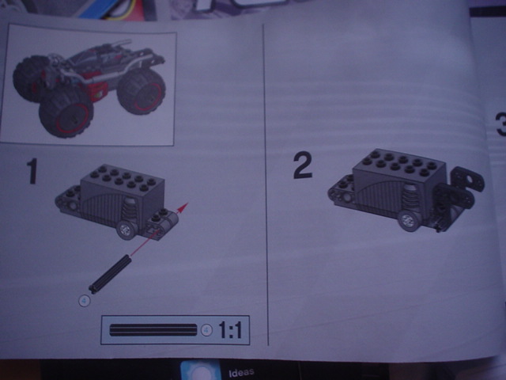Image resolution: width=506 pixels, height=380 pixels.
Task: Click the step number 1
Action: click(x=32, y=171)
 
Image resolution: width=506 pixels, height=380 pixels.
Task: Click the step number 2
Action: click(x=302, y=165)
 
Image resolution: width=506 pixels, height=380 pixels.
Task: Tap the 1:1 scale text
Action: click(x=229, y=330)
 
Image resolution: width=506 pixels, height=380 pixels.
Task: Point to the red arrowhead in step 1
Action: click(x=183, y=207)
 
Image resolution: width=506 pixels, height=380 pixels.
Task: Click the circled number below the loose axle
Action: click(x=85, y=299)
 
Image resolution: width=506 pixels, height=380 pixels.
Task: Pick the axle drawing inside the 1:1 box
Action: click(x=154, y=330)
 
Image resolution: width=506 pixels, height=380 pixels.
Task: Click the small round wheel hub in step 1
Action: click(x=125, y=230)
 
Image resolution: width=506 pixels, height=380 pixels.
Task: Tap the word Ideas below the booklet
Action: click(x=240, y=373)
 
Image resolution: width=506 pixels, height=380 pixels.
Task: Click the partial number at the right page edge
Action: click(x=500, y=123)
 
